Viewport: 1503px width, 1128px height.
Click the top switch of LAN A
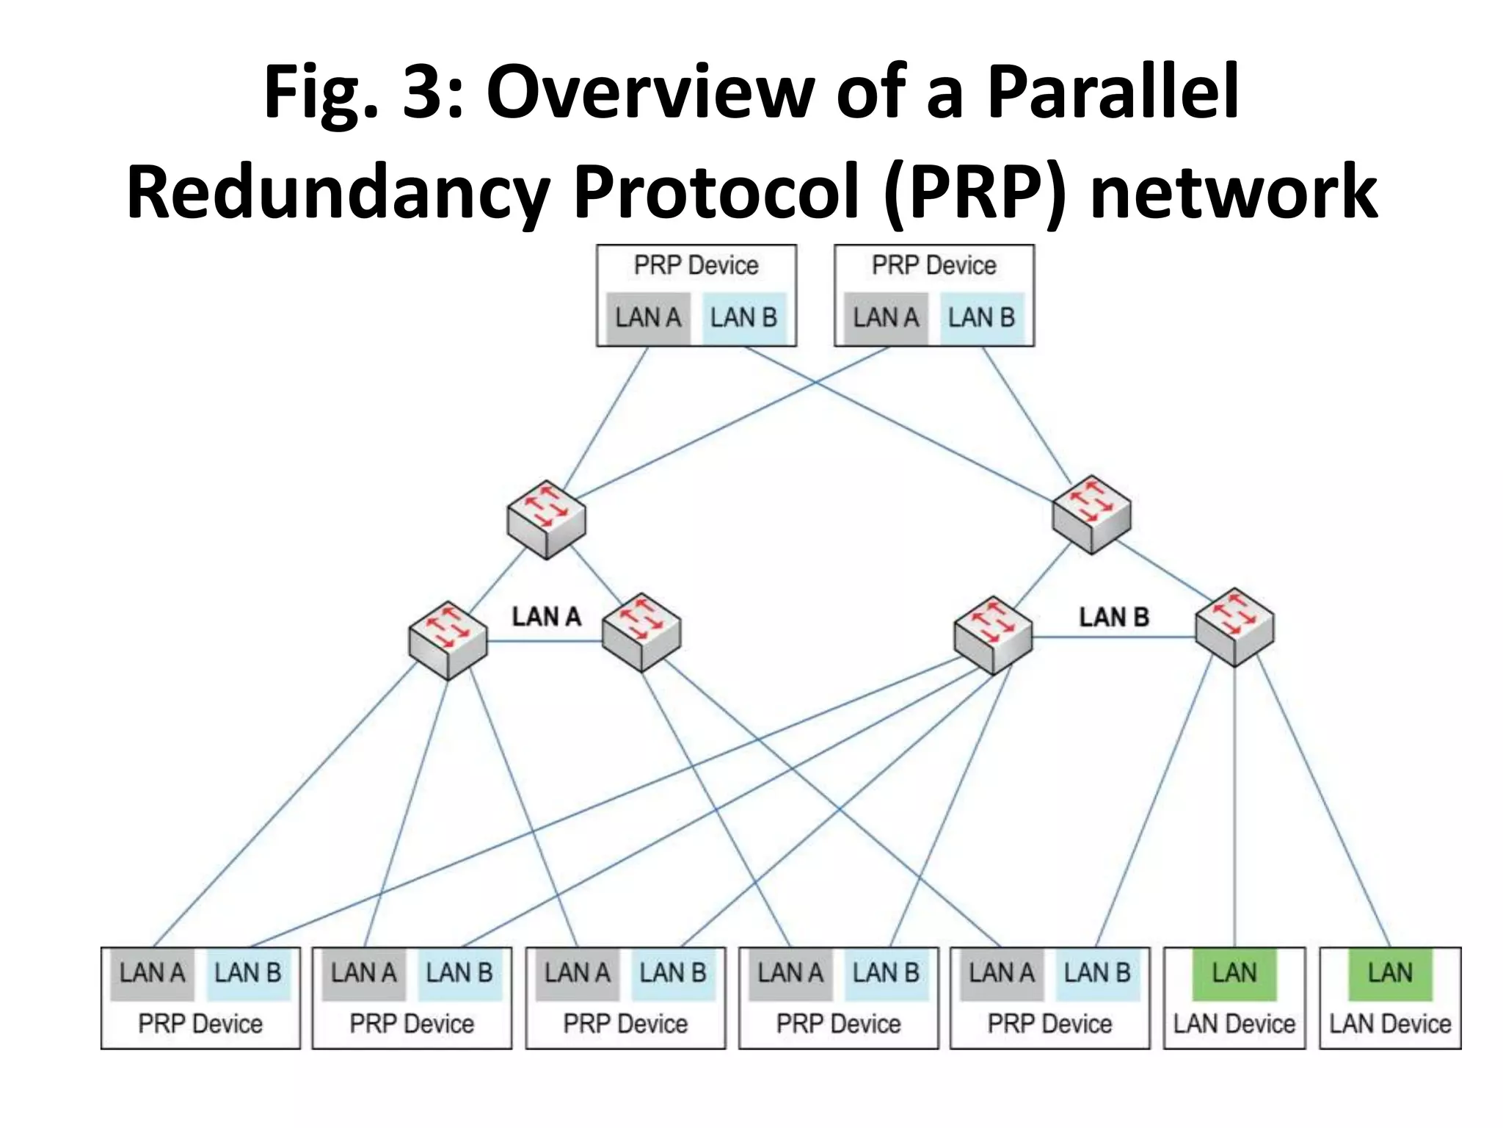click(x=546, y=520)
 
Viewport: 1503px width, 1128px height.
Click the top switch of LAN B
click(x=1091, y=514)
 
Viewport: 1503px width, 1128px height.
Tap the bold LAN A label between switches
click(x=546, y=617)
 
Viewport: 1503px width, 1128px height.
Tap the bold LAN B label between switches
click(x=1113, y=617)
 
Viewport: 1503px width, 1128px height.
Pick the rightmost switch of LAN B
click(x=1234, y=627)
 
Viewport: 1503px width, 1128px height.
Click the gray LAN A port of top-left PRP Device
click(x=648, y=318)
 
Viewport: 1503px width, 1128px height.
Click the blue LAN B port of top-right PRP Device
click(x=981, y=318)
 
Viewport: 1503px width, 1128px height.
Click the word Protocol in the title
click(x=716, y=192)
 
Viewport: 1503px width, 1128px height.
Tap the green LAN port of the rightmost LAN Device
click(x=1390, y=973)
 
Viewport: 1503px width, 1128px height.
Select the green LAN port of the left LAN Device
click(x=1234, y=973)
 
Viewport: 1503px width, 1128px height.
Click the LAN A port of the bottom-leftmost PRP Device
click(x=152, y=973)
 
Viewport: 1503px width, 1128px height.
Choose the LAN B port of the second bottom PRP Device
click(x=459, y=973)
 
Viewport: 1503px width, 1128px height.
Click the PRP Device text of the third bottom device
click(x=625, y=1024)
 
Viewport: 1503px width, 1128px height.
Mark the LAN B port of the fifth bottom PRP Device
click(x=1097, y=973)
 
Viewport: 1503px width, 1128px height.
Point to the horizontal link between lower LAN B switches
click(x=1113, y=637)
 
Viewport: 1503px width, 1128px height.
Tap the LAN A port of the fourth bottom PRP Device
click(x=790, y=973)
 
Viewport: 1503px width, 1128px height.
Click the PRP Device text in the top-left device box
click(x=696, y=265)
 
